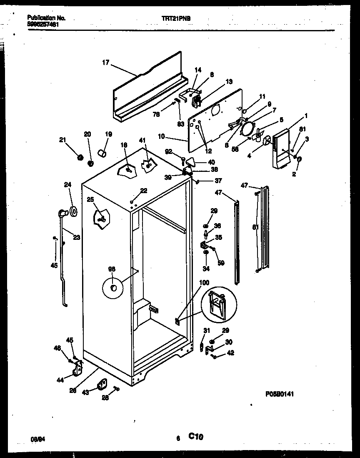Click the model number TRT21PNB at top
tap(178, 18)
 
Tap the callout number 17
tap(105, 63)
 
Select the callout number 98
tap(112, 269)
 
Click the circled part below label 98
tap(113, 288)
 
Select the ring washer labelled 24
tap(74, 211)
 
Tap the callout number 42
tap(230, 352)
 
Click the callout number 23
tap(76, 238)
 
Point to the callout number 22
tap(144, 190)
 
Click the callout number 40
tap(211, 162)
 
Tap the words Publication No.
tap(46, 18)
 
